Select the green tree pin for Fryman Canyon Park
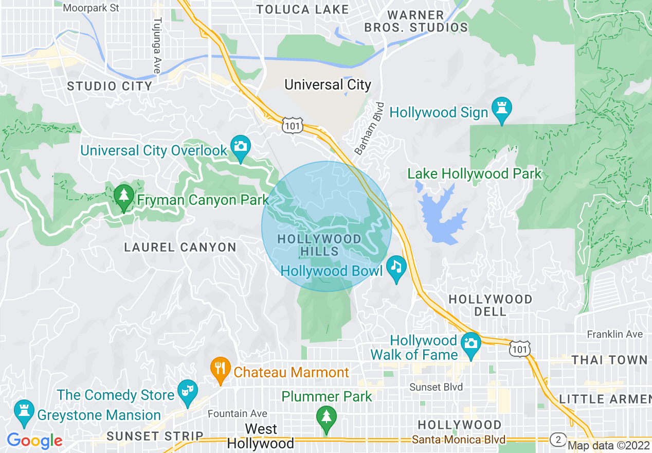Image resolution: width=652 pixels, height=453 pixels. click(x=123, y=196)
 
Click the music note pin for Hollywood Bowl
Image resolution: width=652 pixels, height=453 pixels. click(x=395, y=267)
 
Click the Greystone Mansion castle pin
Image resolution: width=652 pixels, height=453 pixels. click(x=23, y=412)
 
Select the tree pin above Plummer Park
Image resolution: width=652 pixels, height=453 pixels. click(x=326, y=417)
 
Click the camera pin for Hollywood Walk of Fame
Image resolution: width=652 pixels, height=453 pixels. click(x=470, y=343)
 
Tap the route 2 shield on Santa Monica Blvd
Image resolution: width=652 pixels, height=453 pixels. click(x=558, y=440)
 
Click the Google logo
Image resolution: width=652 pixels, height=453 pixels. click(x=34, y=441)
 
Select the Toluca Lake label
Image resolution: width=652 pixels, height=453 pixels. click(x=302, y=9)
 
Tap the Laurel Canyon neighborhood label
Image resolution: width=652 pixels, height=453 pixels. click(x=180, y=248)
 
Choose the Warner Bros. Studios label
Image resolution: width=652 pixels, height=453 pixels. click(x=416, y=21)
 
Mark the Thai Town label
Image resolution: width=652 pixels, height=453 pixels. click(x=609, y=360)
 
